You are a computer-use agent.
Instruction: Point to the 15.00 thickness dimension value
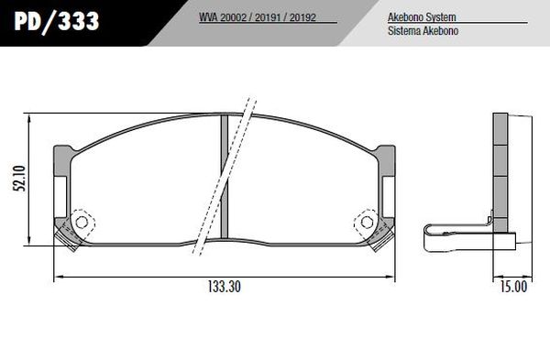[513, 286]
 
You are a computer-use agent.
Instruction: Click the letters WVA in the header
[208, 17]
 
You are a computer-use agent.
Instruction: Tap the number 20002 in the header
[236, 17]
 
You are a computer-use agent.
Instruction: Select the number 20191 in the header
[269, 17]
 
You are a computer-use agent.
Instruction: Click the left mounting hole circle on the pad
[81, 223]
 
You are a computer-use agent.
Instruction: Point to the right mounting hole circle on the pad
[367, 223]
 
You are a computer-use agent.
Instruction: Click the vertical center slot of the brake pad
[225, 183]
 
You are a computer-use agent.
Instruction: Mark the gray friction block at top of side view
[500, 128]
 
